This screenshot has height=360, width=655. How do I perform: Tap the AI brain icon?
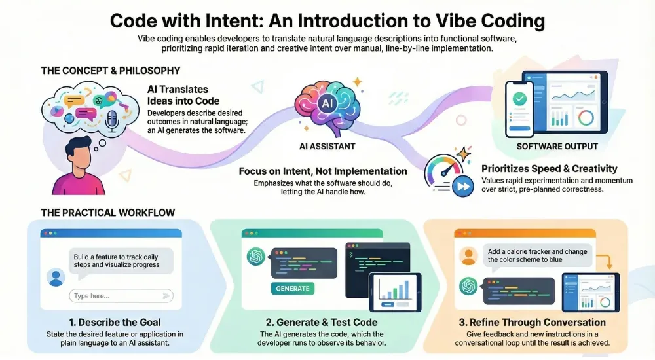click(326, 105)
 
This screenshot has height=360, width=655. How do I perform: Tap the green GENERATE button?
click(293, 288)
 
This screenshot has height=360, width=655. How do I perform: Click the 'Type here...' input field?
click(122, 296)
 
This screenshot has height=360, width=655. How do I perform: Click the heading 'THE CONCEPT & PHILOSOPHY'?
click(111, 70)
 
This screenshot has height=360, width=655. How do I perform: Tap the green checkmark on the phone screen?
click(518, 100)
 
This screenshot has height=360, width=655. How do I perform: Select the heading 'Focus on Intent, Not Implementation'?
click(323, 171)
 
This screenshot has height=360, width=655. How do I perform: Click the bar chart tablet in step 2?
click(394, 291)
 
